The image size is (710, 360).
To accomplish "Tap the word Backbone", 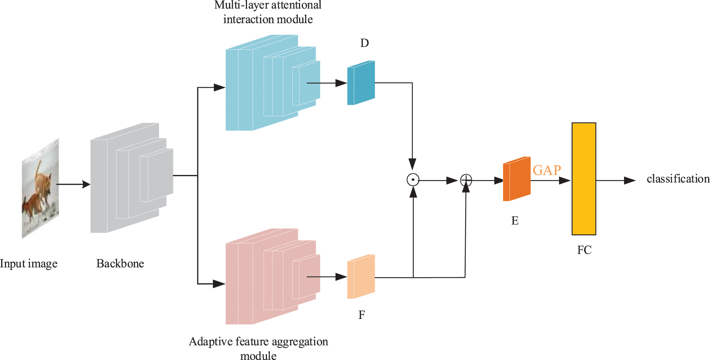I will click(x=120, y=264).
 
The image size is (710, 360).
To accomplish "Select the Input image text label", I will click(x=29, y=264).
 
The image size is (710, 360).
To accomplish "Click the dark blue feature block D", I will click(x=361, y=83).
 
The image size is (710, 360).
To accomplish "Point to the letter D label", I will click(x=364, y=43).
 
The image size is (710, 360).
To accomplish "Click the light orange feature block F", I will click(x=361, y=277).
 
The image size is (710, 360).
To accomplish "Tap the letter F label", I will click(x=361, y=315).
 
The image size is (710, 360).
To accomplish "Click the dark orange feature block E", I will click(x=517, y=179).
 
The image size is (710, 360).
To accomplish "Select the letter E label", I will click(x=515, y=221).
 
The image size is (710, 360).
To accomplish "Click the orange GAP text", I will click(x=547, y=170).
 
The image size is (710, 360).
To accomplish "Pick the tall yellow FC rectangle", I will click(x=584, y=179).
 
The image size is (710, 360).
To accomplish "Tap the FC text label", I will click(x=584, y=250).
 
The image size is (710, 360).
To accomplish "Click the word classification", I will click(x=678, y=179).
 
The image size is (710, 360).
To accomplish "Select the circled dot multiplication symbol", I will click(x=413, y=180).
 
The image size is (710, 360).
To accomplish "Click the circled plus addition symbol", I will click(x=466, y=180).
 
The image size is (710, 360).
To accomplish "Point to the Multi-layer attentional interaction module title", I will click(x=268, y=12).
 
